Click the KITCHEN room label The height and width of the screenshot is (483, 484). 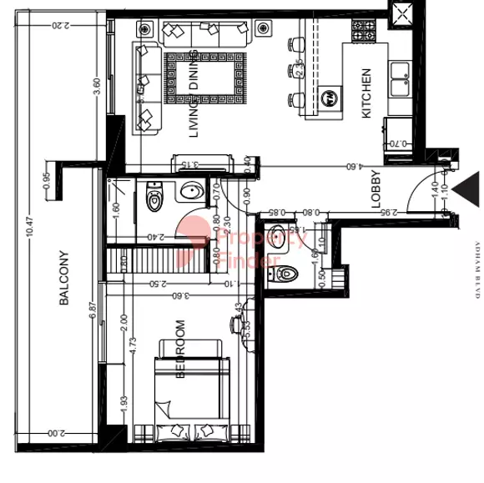(366, 93)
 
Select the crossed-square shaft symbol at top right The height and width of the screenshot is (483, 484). (401, 13)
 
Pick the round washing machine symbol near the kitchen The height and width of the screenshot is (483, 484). (330, 96)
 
